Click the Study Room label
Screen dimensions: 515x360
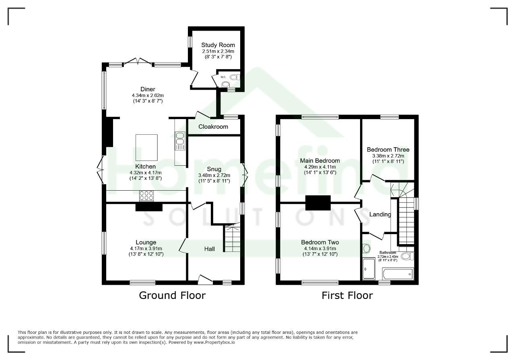[x=218, y=45]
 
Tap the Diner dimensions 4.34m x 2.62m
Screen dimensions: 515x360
[x=148, y=95]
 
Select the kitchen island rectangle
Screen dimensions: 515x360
[x=146, y=148]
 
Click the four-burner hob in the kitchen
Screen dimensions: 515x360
[x=146, y=196]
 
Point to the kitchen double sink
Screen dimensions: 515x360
[x=180, y=141]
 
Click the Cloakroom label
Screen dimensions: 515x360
[x=213, y=127]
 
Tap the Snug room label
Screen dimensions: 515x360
[x=214, y=169]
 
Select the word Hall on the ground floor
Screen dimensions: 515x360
[x=210, y=249]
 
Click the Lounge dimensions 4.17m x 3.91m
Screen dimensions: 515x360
[x=146, y=249]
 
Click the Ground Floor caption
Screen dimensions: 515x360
[x=172, y=295]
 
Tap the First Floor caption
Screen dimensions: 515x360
[x=347, y=295]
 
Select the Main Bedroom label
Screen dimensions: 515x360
[x=320, y=160]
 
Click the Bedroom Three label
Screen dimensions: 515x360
[x=388, y=150]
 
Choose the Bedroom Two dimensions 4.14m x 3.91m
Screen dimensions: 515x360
[x=320, y=249]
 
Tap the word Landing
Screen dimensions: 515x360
[x=380, y=214]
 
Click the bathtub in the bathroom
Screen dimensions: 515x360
[x=398, y=274]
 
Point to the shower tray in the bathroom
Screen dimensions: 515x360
[x=369, y=269]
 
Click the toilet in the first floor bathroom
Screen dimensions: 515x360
[x=408, y=256]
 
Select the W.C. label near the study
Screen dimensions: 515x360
[x=223, y=77]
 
